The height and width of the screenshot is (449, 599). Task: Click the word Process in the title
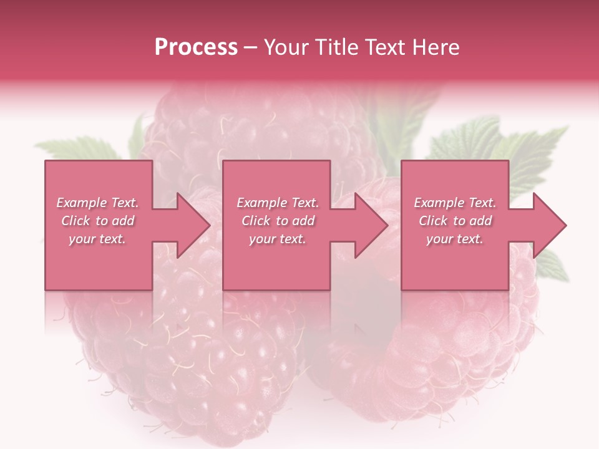(x=196, y=47)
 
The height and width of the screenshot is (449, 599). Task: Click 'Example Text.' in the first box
(x=98, y=203)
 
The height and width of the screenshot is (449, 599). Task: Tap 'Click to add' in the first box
(x=98, y=221)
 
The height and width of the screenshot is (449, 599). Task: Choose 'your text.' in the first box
(x=98, y=239)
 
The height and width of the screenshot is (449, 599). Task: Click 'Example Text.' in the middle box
(x=278, y=203)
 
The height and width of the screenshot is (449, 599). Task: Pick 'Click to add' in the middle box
(x=278, y=221)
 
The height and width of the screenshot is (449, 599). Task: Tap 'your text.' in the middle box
(x=278, y=239)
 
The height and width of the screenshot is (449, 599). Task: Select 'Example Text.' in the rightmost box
(x=455, y=203)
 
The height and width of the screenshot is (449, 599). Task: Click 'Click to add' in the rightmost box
(x=455, y=221)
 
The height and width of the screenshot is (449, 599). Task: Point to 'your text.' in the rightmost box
(x=455, y=239)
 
